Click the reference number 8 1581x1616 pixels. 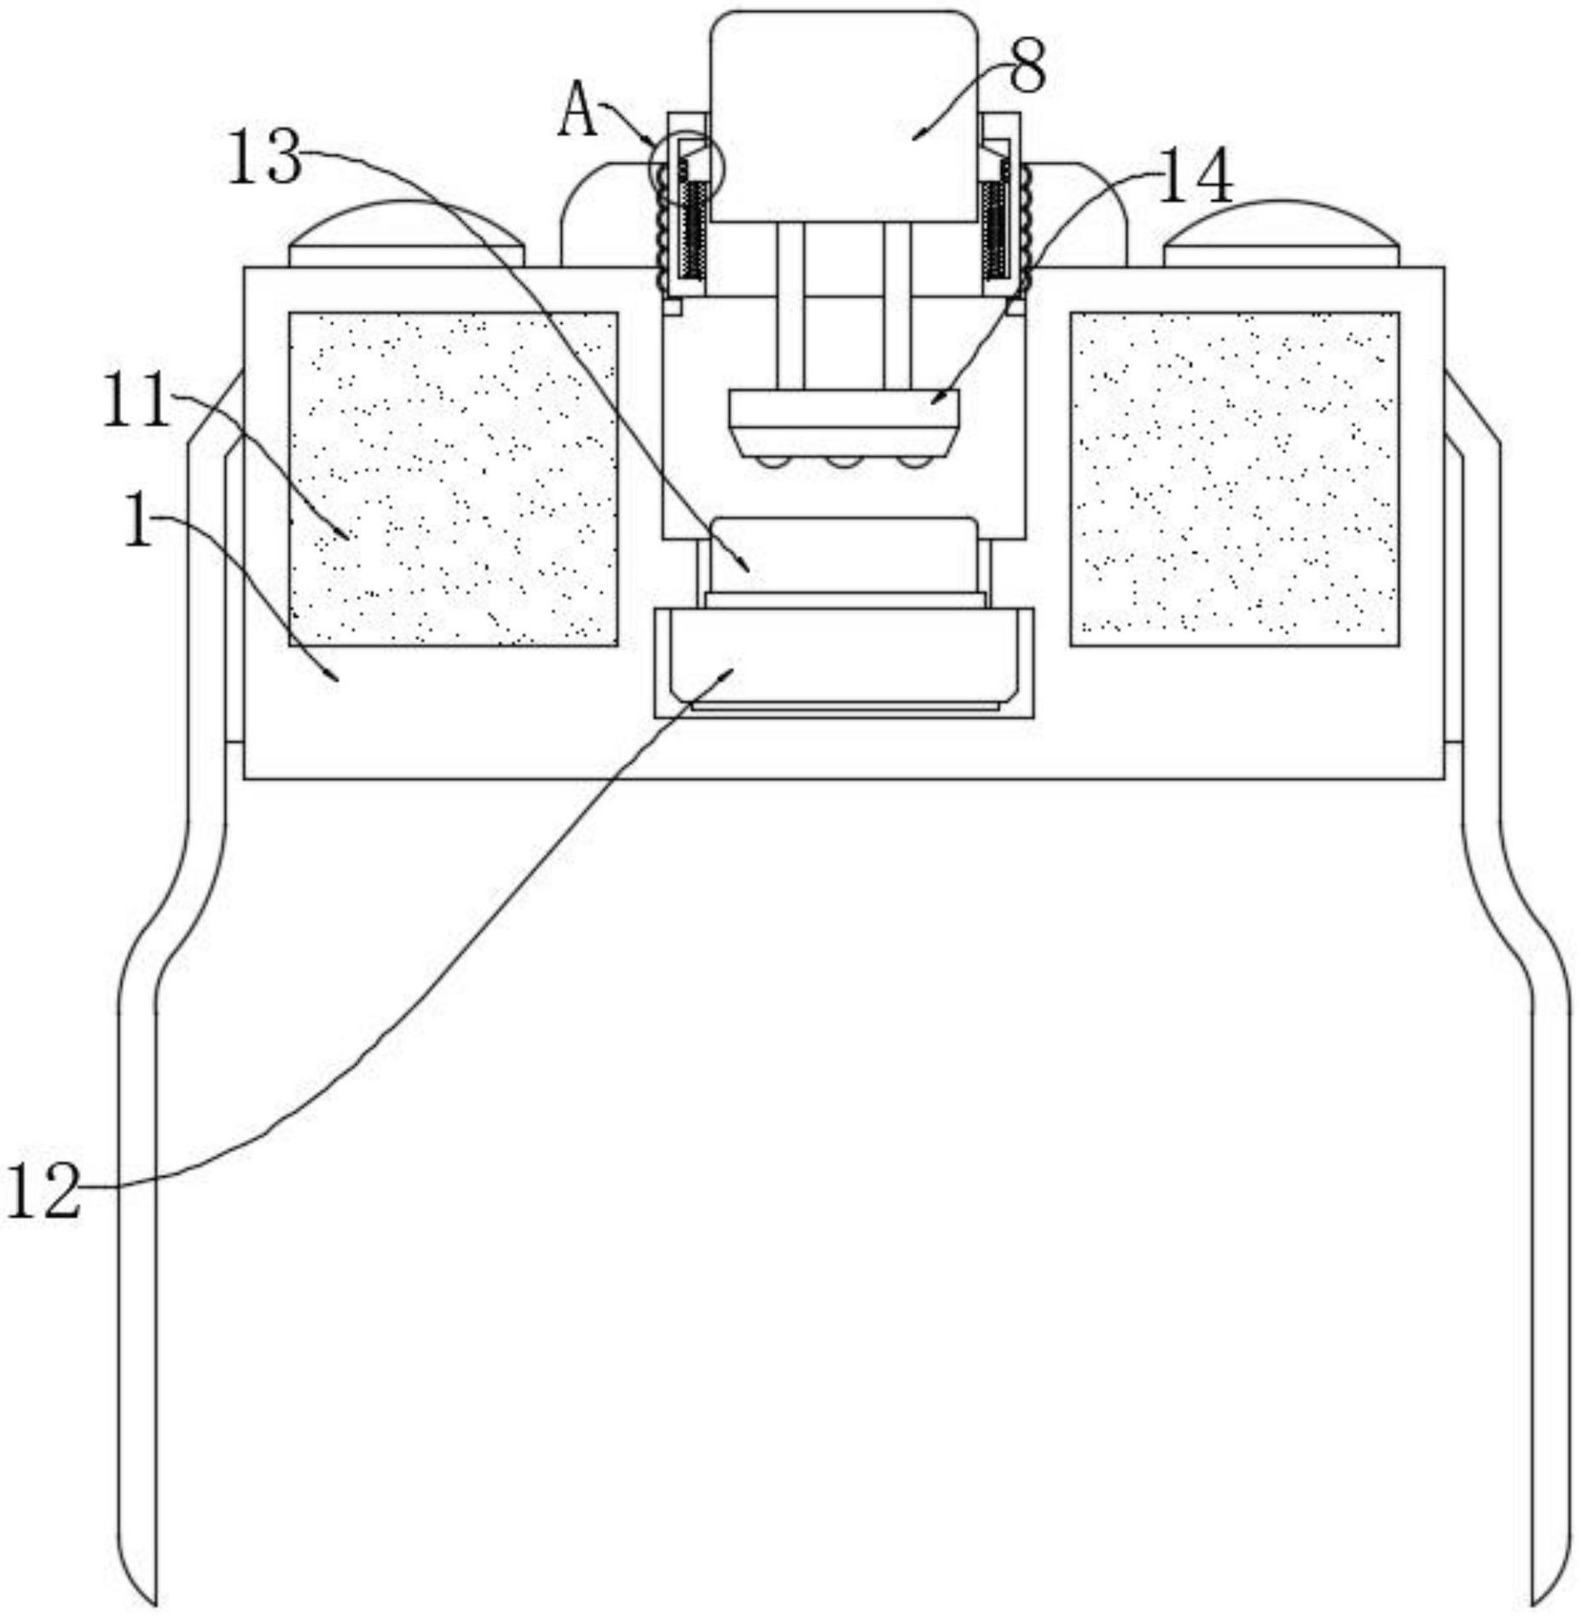[1027, 69]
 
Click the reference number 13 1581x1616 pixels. [265, 158]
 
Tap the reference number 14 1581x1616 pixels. [1195, 177]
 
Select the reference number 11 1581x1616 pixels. [136, 401]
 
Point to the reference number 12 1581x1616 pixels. [43, 1192]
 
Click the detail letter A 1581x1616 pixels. [579, 110]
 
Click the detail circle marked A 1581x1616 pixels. [685, 167]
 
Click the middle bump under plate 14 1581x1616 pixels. [844, 461]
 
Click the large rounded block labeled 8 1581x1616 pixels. [843, 115]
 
